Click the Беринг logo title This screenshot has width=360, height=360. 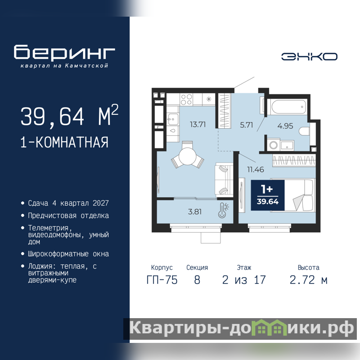pos(64,52)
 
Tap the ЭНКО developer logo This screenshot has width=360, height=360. pos(309,57)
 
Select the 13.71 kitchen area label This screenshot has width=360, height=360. pos(198,125)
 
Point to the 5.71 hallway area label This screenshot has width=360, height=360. pos(246,125)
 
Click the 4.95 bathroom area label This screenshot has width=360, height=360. pos(285,126)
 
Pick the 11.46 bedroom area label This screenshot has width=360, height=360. pos(255,170)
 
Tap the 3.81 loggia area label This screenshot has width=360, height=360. pos(195,211)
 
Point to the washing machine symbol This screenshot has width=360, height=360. pos(274,144)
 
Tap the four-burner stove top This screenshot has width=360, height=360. pos(186,99)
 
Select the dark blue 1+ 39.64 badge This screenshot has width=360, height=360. pos(267,195)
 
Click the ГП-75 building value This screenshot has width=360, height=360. pos(162,280)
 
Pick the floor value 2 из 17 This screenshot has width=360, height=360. pos(244,280)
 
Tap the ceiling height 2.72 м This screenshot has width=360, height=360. pos(308,280)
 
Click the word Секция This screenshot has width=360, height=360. pos(197,267)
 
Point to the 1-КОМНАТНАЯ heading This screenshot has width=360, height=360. pos(64,142)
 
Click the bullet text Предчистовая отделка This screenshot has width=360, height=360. pos(68,216)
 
